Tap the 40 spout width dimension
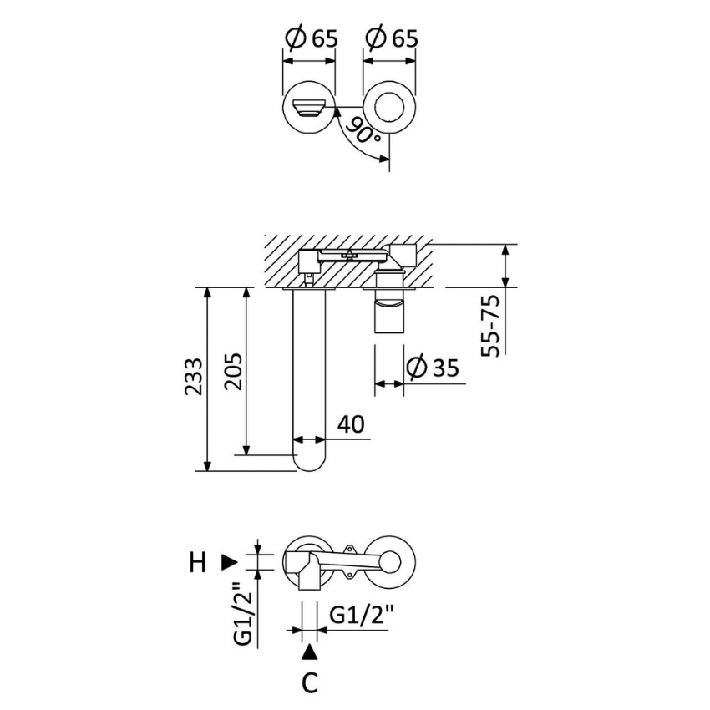point(352,425)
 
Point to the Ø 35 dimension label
point(433,368)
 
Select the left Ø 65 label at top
point(311,38)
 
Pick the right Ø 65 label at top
point(391,38)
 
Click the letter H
point(196,564)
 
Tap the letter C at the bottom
point(310,683)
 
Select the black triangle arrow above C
point(310,651)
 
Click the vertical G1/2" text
point(242,613)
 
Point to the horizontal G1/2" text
point(362,616)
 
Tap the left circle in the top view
point(310,108)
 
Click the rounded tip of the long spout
point(310,460)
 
